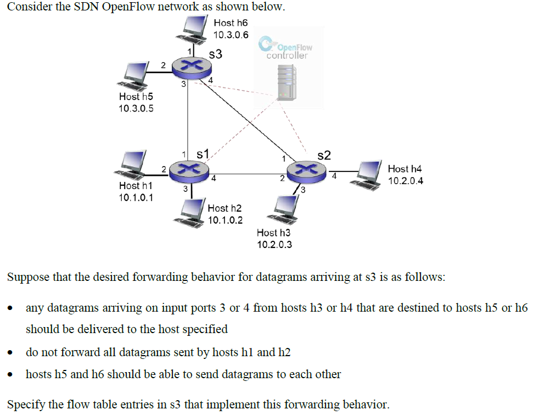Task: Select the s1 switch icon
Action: point(188,171)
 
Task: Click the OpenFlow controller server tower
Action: point(287,81)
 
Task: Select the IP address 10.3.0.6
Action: point(231,35)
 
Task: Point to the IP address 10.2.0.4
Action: point(405,181)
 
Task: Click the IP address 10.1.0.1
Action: point(136,198)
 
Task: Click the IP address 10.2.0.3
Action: point(274,244)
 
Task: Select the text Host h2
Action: point(225,208)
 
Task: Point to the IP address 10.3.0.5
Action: point(136,108)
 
